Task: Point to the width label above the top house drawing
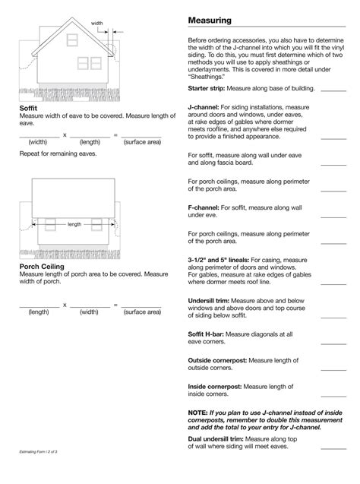pos(96,24)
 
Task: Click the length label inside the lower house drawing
pos(74,224)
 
